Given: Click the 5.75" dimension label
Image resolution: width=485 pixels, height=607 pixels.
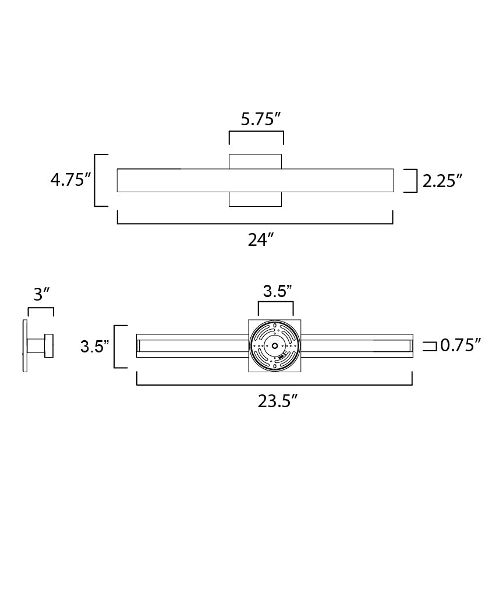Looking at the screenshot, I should click(x=261, y=119).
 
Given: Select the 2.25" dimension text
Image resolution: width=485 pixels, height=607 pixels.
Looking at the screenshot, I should click(x=442, y=181).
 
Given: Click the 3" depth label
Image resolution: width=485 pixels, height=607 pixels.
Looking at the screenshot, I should click(x=41, y=295).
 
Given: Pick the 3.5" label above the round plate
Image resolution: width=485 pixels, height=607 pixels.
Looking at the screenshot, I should click(x=277, y=291).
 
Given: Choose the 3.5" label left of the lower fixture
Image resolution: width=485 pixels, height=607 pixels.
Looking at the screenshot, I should click(x=95, y=347).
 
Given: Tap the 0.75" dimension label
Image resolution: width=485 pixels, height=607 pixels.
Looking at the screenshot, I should click(x=460, y=345).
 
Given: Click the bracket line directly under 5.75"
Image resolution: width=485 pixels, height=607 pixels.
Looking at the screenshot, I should click(x=256, y=133).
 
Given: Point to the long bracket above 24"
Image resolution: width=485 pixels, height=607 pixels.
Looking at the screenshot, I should click(x=255, y=223).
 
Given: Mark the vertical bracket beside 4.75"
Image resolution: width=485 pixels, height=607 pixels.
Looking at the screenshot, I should click(x=96, y=180).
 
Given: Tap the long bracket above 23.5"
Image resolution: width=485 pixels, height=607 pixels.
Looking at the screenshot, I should click(x=274, y=384).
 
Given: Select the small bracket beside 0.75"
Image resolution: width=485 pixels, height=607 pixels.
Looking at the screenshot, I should click(x=430, y=346).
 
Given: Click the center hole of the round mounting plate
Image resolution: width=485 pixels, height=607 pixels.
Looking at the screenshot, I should click(x=274, y=345).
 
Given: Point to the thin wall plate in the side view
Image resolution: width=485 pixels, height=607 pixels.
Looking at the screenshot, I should click(x=25, y=346).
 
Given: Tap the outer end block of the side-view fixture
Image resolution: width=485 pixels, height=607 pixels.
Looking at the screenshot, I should click(x=49, y=345).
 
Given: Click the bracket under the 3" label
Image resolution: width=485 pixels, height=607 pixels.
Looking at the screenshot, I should click(x=41, y=309).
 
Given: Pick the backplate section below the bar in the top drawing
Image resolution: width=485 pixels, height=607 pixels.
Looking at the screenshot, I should click(x=255, y=199).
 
